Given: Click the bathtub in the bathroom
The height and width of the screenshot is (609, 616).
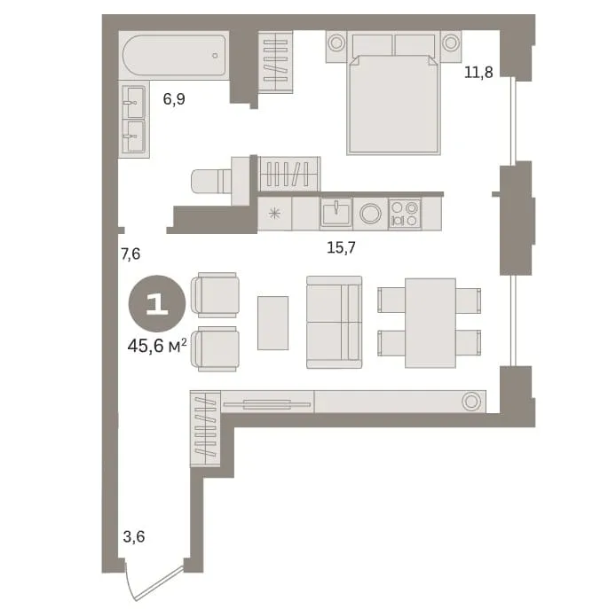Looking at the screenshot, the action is tap(174, 55).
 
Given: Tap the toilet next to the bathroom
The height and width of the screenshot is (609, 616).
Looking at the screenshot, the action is tap(211, 181).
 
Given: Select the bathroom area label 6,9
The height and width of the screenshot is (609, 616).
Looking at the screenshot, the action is tap(174, 99).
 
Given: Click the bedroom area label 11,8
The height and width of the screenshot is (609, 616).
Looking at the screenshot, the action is tap(478, 72).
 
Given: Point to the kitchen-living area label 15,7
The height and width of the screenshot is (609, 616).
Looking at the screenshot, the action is tap(341, 247).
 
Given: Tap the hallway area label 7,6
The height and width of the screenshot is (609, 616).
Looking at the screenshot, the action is tap(130, 254).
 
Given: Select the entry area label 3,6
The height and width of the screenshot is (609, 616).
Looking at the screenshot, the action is tap(134, 536).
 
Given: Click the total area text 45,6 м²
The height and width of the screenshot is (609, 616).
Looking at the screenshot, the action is tap(157, 346).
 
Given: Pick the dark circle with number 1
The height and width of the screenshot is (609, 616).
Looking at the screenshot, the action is tap(157, 303).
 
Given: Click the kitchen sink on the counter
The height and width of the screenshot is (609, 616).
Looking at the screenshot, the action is tap(336, 214).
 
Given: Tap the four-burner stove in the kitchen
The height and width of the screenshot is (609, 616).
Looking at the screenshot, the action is tap(405, 214).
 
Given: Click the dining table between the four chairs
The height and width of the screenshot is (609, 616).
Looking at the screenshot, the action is tap(430, 323).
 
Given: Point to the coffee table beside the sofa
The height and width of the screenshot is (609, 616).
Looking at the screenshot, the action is tap(272, 323).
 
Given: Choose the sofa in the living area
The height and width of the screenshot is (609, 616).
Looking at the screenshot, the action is tap(335, 322).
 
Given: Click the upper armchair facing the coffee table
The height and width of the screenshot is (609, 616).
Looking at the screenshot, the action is tap(215, 294).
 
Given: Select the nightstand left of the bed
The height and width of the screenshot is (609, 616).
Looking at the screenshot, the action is tap(336, 47).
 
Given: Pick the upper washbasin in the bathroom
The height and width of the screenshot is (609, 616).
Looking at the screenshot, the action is tap(133, 102).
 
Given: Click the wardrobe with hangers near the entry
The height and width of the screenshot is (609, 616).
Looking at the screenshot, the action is tap(205, 429).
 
